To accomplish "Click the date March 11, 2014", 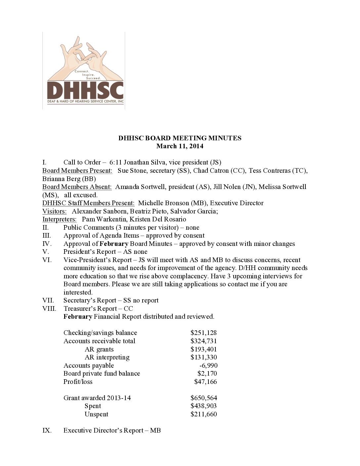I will pyautogui.click(x=180, y=146).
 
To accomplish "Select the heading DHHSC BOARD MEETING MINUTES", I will pyautogui.click(x=180, y=138).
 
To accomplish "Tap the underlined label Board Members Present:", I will pyautogui.click(x=77, y=170).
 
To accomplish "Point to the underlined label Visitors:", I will pyautogui.click(x=54, y=211).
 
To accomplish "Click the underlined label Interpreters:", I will pyautogui.click(x=59, y=219).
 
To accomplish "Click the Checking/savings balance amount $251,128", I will pyautogui.click(x=203, y=333).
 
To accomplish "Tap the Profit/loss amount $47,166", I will pyautogui.click(x=205, y=382).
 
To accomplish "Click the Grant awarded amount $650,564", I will pyautogui.click(x=203, y=398).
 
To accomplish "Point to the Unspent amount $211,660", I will pyautogui.click(x=203, y=414).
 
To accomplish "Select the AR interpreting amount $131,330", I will pyautogui.click(x=203, y=357).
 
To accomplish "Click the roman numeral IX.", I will pyautogui.click(x=47, y=430).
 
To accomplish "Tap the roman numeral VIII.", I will pyautogui.click(x=49, y=308).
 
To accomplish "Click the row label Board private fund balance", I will pyautogui.click(x=102, y=373).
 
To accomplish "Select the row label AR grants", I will pyautogui.click(x=99, y=349).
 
